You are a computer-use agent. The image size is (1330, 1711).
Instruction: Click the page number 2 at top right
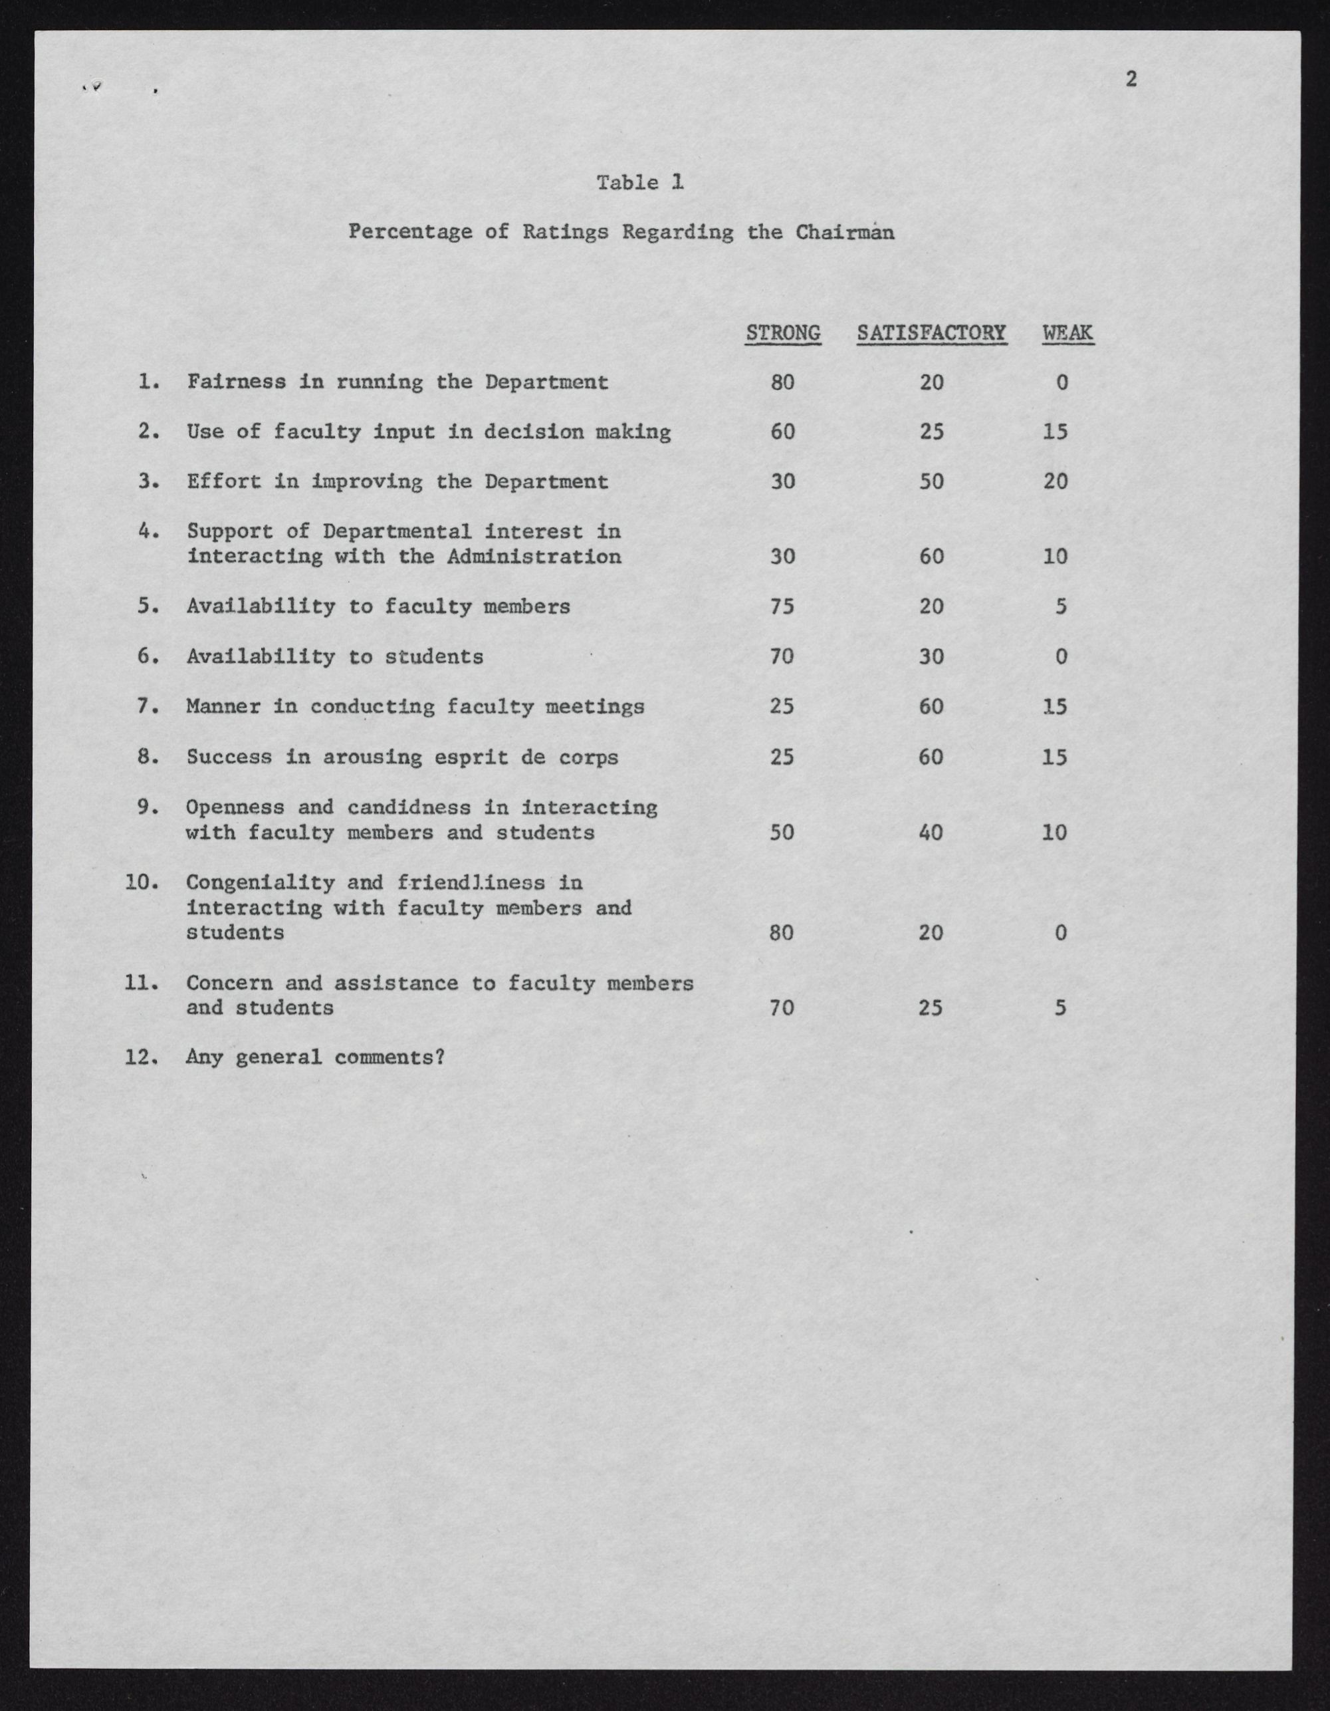[x=1130, y=78]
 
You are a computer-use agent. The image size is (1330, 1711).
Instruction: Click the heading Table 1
[x=640, y=183]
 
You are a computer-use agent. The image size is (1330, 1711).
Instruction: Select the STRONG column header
[x=782, y=333]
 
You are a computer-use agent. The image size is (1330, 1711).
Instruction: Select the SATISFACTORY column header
[x=931, y=333]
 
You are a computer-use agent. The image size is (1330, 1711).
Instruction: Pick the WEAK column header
[x=1067, y=333]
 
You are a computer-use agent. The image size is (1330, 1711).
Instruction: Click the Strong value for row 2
[x=782, y=432]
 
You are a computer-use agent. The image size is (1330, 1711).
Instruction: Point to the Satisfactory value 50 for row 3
[x=931, y=481]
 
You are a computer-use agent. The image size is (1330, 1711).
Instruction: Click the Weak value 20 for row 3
[x=1055, y=481]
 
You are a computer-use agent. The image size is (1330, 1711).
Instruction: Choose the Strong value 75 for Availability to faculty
[x=782, y=606]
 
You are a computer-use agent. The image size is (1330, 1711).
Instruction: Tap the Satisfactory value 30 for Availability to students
[x=931, y=656]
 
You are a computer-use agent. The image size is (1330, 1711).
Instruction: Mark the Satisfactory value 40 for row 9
[x=931, y=832]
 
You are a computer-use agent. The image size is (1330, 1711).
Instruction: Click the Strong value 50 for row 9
[x=782, y=832]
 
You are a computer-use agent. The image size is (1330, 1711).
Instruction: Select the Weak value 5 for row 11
[x=1059, y=1007]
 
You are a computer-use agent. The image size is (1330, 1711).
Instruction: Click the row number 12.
[x=141, y=1057]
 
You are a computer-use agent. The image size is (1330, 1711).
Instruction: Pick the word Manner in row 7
[x=223, y=707]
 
